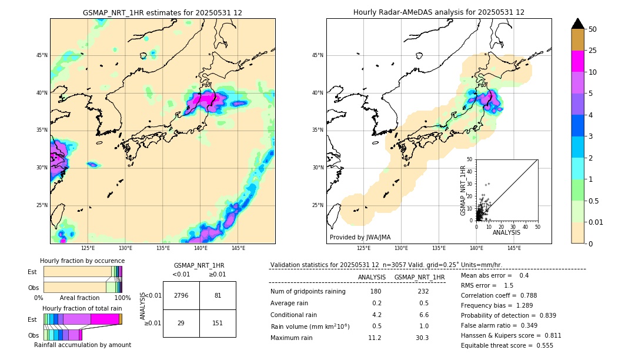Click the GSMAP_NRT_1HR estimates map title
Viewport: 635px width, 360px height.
point(162,12)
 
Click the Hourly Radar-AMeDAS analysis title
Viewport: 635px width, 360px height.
point(439,12)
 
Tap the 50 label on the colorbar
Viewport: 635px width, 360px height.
point(593,29)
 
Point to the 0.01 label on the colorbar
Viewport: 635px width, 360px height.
point(595,222)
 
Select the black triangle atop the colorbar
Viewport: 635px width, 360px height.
point(578,24)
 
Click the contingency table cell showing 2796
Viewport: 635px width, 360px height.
point(181,295)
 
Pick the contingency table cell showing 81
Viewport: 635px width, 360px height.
point(218,295)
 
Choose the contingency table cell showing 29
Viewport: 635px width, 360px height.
point(181,323)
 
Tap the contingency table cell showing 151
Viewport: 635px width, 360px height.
point(218,323)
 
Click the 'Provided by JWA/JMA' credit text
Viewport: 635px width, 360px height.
point(360,238)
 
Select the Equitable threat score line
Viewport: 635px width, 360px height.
point(507,345)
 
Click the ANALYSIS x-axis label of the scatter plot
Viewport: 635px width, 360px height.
point(506,233)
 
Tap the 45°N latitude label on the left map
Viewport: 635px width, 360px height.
point(42,55)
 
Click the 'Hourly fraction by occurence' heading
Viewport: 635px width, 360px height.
point(82,261)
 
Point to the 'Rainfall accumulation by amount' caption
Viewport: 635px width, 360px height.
point(82,345)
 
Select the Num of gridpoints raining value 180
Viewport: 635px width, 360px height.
point(376,291)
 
